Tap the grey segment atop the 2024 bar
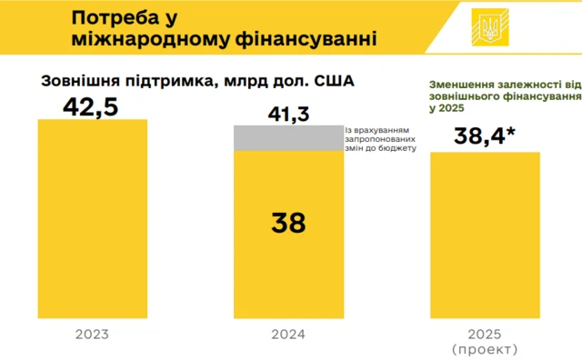tap(288, 137)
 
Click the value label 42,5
tap(91, 105)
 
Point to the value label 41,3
tap(288, 114)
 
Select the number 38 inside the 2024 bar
tap(288, 223)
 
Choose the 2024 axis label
tap(288, 335)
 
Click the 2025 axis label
tap(485, 333)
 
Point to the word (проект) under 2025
tap(485, 348)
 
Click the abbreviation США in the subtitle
tap(333, 80)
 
